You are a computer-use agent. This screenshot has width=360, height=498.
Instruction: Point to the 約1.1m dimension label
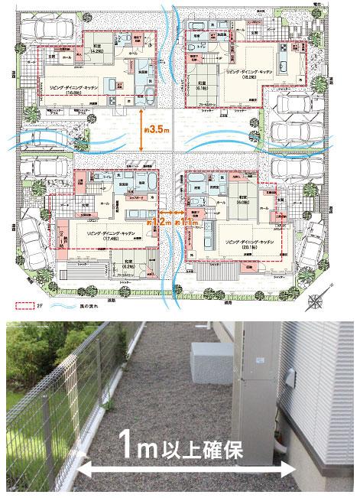click(184, 222)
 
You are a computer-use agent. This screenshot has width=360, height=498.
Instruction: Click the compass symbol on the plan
click(316, 302)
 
